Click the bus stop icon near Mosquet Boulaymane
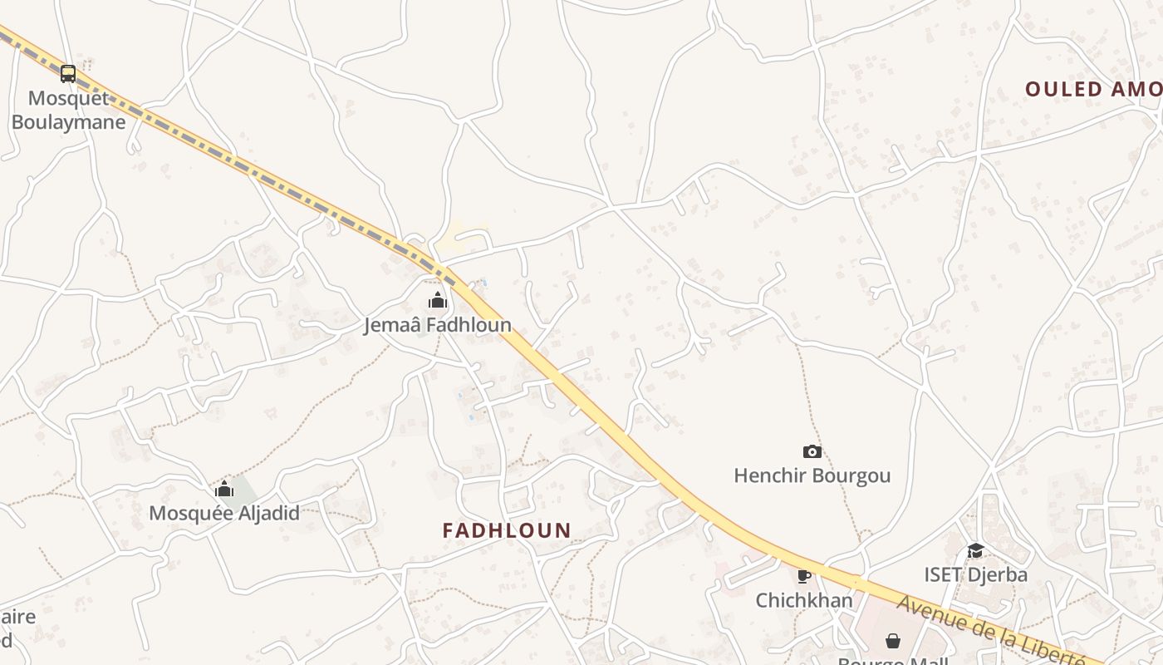68,74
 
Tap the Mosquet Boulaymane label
68,111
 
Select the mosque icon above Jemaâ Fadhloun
438,300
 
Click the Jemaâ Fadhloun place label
438,325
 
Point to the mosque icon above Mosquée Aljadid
223,489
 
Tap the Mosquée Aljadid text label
223,513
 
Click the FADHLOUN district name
507,530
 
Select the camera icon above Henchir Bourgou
812,451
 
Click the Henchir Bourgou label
812,475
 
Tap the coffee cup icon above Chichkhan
803,575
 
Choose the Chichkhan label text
803,599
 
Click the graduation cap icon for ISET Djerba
975,550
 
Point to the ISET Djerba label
975,574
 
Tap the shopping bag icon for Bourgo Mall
892,641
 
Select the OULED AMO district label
1092,89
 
